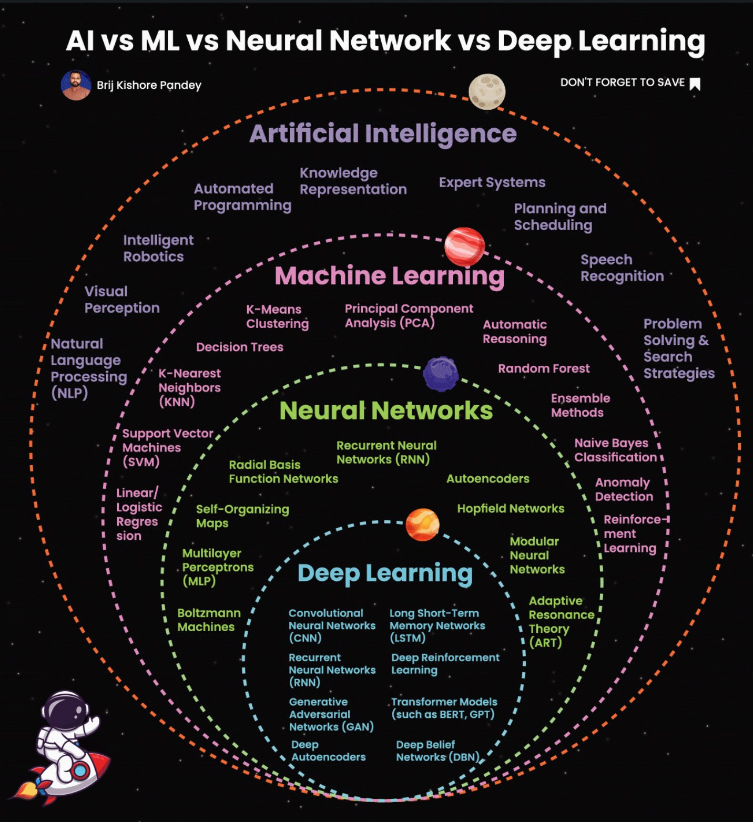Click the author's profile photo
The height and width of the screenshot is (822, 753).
[76, 85]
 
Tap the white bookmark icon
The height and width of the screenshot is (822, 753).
[695, 84]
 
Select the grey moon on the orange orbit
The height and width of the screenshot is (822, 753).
[487, 91]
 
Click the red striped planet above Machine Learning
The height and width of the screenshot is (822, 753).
[464, 246]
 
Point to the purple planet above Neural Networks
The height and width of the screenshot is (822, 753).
[441, 374]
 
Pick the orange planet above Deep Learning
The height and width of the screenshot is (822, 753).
[422, 525]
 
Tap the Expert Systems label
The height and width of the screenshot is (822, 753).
[492, 182]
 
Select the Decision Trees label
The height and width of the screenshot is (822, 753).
[239, 347]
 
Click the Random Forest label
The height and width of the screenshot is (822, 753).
[544, 368]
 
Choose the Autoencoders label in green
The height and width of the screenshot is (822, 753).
[487, 479]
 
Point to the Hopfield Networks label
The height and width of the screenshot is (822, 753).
[510, 509]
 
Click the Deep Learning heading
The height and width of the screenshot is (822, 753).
[385, 573]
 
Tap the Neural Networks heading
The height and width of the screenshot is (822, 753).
[385, 410]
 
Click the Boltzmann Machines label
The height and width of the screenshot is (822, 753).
[209, 620]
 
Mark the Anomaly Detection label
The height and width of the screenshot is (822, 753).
[624, 489]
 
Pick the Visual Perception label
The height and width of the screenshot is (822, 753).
[121, 300]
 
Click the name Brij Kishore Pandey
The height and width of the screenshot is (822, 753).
[149, 85]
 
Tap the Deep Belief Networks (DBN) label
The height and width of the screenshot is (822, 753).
[437, 751]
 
